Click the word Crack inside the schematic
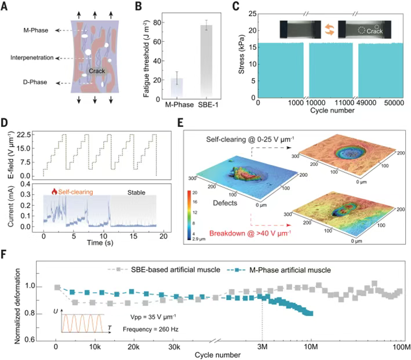pyautogui.click(x=89, y=71)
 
